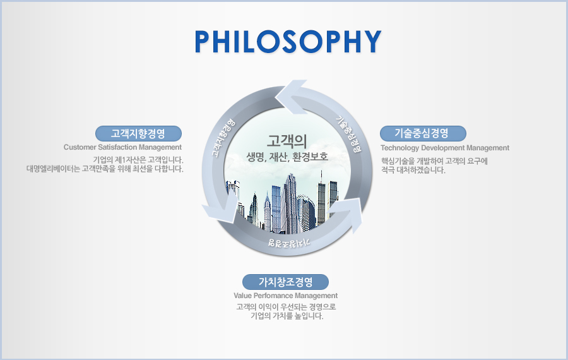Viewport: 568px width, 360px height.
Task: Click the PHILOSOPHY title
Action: click(x=288, y=41)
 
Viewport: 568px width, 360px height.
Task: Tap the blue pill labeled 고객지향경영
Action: click(x=138, y=133)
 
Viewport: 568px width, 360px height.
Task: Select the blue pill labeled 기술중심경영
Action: click(x=423, y=133)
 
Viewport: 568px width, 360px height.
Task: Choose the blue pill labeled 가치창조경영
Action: click(x=285, y=282)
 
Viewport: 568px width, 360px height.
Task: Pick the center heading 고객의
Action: click(x=287, y=141)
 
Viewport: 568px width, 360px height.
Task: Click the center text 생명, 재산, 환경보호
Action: click(x=287, y=157)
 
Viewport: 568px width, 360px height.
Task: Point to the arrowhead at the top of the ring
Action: click(x=291, y=97)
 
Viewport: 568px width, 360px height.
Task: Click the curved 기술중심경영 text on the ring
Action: click(x=348, y=134)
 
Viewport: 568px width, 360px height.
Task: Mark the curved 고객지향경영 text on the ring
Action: click(x=223, y=138)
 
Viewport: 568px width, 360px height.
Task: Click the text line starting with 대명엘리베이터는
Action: click(x=105, y=169)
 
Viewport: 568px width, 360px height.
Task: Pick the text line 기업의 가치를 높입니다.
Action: click(x=287, y=316)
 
